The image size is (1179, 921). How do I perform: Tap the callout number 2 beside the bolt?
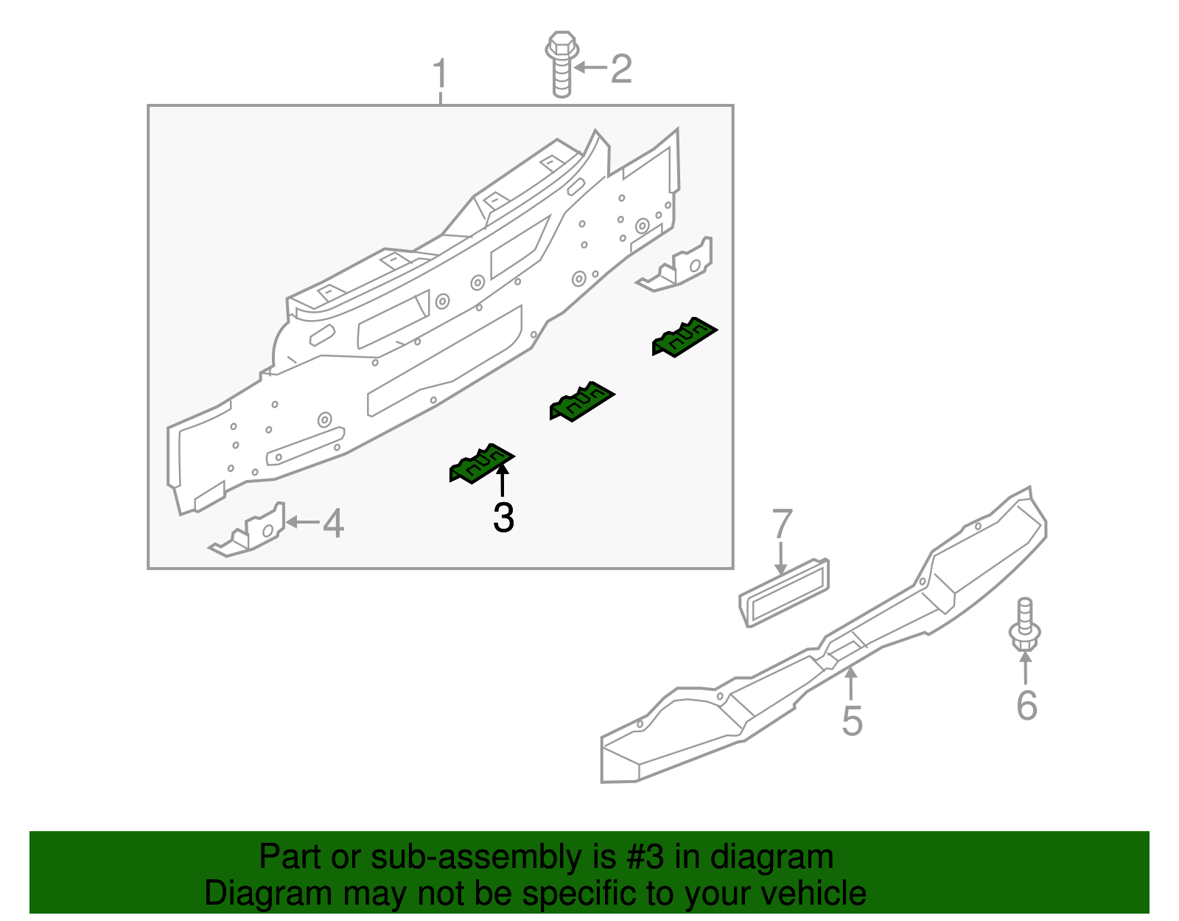point(621,69)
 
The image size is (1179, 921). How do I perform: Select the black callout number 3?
point(503,518)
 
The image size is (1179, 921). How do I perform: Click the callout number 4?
point(333,524)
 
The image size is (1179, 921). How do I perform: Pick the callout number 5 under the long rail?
point(852,720)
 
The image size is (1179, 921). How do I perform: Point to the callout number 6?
point(1026,705)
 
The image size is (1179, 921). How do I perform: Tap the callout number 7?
point(782,524)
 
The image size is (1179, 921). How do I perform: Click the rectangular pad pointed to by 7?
point(784,593)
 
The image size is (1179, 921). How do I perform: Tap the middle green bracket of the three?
point(581,401)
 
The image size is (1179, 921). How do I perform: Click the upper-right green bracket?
point(684,337)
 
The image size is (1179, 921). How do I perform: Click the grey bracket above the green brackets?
point(678,265)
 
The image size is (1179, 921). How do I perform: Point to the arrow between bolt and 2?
point(591,68)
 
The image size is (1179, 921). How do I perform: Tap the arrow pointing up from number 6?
point(1024,668)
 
